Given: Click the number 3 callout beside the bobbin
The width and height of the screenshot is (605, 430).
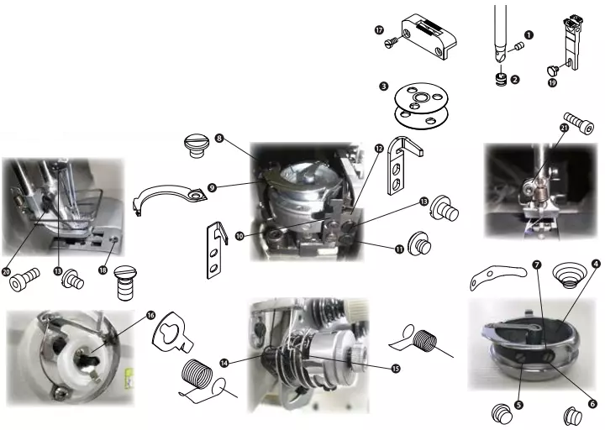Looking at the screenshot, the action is coord(383,86).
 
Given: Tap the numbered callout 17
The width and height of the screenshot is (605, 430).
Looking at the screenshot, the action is coord(379,29).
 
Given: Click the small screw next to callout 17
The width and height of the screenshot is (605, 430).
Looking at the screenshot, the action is coord(392,43).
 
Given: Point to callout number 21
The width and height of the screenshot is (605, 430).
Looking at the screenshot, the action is coord(564,128).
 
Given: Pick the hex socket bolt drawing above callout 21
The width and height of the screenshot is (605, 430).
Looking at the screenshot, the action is coord(579,123).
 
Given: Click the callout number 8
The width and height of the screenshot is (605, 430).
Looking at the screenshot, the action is coord(219,138).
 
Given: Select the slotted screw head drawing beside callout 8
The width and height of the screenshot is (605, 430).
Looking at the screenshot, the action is coord(197,145).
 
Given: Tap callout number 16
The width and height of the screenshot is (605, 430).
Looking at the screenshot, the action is coord(150,315).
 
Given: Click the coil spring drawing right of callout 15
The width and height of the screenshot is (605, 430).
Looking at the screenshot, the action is coord(421,340).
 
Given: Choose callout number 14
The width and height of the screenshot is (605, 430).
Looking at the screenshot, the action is coord(224,363).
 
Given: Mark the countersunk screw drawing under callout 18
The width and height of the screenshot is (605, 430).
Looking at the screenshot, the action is coord(126,283).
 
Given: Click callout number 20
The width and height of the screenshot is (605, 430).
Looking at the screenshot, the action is coord(6,271).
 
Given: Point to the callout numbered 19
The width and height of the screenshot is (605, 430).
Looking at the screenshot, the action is coord(552,82).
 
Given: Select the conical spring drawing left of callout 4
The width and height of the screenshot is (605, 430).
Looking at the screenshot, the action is coord(569,275).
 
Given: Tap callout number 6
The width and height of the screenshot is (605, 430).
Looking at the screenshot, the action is coord(592,404).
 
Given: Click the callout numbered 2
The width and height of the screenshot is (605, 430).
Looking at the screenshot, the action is coord(515,80).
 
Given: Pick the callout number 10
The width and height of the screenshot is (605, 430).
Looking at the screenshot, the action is coord(239,236).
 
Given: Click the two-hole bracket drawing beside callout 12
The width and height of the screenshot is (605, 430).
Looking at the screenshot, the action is coord(404,165).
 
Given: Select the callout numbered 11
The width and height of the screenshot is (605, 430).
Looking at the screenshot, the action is coord(399,249).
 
